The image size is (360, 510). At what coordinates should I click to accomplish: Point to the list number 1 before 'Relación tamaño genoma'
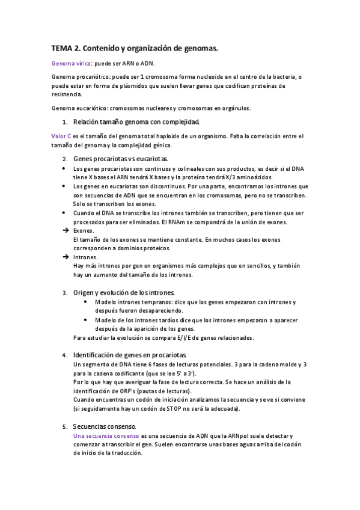(x=65, y=122)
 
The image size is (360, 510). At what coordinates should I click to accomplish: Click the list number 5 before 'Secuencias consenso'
(x=65, y=426)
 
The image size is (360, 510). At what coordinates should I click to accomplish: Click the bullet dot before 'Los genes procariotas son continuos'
(x=65, y=169)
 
